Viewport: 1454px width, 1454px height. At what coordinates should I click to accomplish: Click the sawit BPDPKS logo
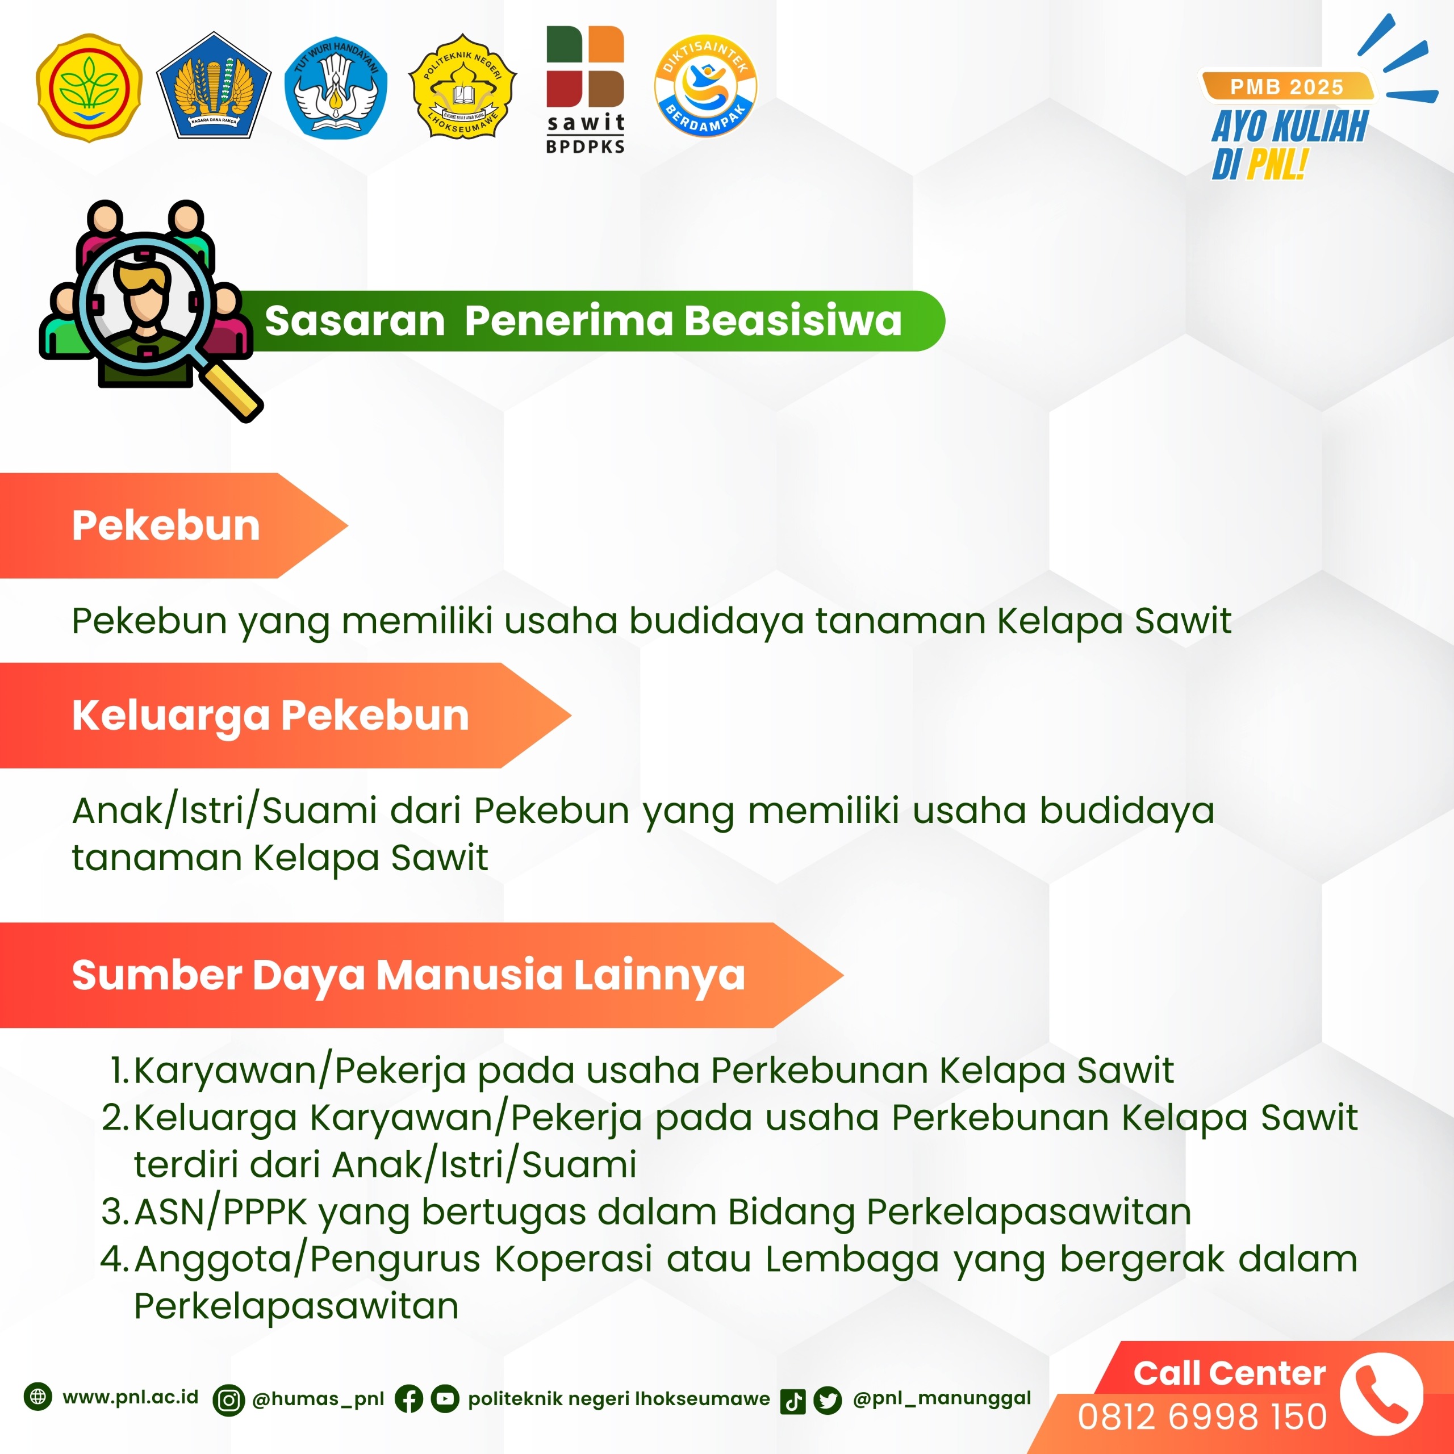pos(586,90)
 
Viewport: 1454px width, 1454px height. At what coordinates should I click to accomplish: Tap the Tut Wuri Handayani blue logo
pos(336,88)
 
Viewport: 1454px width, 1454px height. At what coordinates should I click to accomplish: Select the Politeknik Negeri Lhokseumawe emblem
pos(462,86)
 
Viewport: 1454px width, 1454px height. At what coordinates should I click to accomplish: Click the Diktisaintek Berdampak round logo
pos(705,86)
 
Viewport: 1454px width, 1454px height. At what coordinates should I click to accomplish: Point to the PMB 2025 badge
pos(1287,86)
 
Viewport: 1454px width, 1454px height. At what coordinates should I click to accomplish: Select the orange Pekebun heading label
pos(173,525)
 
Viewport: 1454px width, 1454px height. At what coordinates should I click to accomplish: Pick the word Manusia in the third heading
pos(469,975)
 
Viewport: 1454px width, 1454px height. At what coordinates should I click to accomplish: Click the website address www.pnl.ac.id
pos(130,1398)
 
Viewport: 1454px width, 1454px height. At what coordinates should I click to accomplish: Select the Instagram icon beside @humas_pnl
pos(229,1400)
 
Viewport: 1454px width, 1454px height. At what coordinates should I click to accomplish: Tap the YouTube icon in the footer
pos(445,1399)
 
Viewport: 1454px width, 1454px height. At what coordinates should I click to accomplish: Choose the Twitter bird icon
pos(828,1401)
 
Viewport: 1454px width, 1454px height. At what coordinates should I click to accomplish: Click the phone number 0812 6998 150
pos(1202,1417)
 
